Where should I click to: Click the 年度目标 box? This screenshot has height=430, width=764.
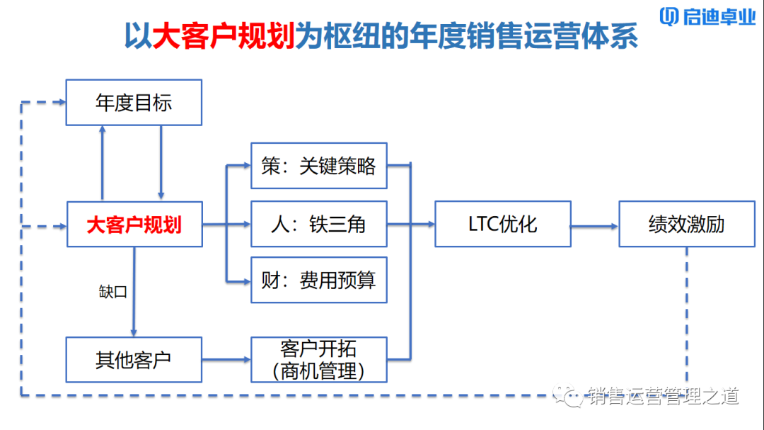[134, 103]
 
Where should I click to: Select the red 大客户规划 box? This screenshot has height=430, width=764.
[134, 225]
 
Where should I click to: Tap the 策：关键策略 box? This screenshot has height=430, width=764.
[319, 166]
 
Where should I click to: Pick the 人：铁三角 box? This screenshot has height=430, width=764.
[319, 225]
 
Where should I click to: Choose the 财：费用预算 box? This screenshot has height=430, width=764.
[319, 280]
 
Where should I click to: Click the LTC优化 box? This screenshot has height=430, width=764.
[502, 225]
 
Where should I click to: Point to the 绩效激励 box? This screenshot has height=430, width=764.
[686, 225]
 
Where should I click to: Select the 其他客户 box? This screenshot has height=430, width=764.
[134, 360]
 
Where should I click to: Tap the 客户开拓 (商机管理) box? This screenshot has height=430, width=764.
[319, 360]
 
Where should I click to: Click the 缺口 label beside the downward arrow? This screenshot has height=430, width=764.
[113, 291]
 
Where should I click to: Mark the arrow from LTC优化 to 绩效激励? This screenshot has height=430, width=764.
[594, 226]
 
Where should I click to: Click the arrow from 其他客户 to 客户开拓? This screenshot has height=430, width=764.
[226, 360]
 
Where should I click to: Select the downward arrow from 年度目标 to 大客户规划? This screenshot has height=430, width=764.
[161, 163]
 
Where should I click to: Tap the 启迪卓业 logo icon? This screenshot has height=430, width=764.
[669, 17]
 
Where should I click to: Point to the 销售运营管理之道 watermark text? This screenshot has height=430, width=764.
[662, 396]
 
